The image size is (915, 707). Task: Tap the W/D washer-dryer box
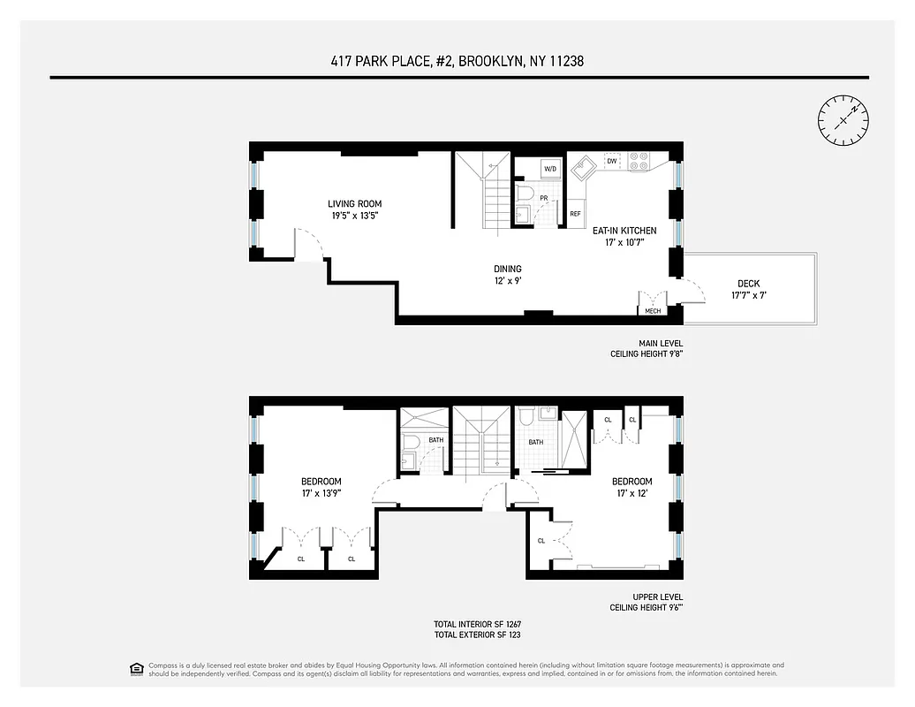550,168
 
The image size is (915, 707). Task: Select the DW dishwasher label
611,161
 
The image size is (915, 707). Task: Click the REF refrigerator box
575,214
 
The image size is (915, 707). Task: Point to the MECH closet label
653,311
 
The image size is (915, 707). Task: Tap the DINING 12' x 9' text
508,275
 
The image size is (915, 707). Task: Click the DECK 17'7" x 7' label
748,290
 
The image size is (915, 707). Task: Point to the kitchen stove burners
639,161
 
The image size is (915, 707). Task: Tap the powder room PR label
545,199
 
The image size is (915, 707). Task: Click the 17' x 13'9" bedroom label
321,488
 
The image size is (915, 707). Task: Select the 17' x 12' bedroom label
632,488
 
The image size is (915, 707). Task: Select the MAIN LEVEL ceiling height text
647,348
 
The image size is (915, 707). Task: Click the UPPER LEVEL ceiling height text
647,602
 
